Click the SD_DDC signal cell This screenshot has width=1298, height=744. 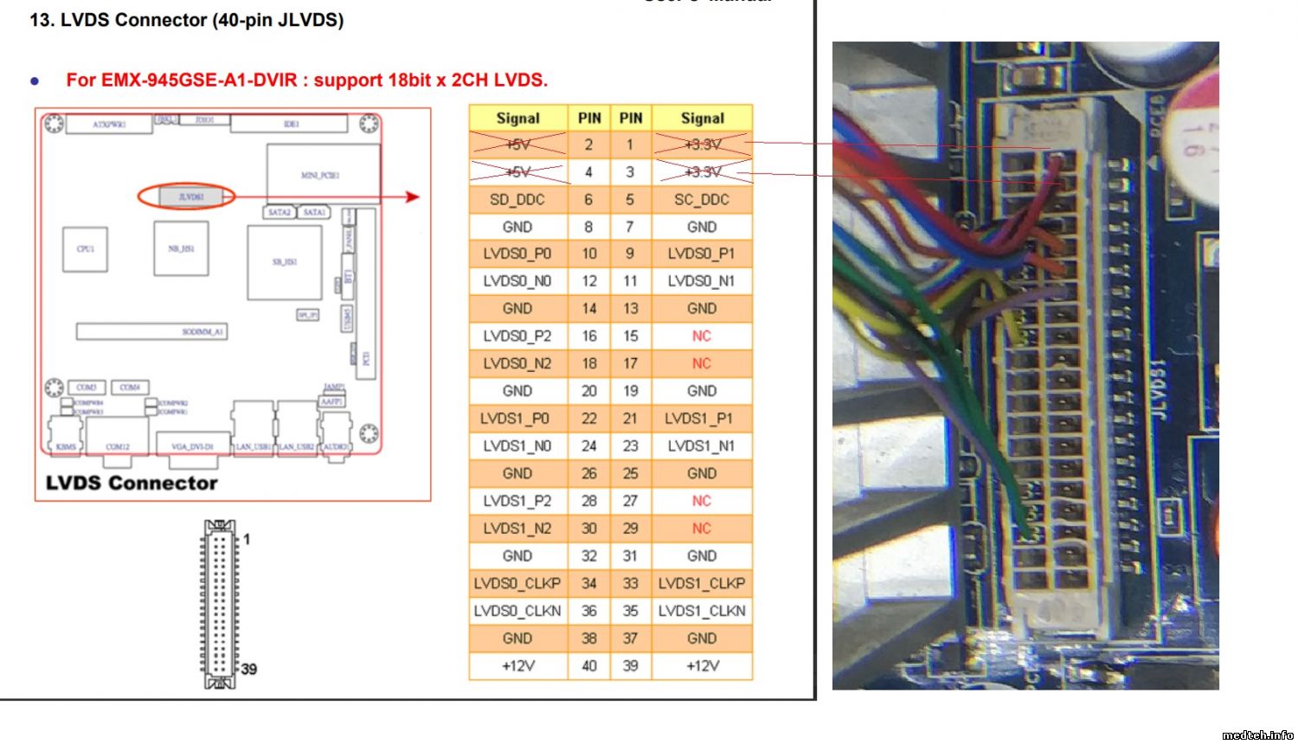(x=517, y=200)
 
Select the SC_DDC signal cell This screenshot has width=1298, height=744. (x=702, y=200)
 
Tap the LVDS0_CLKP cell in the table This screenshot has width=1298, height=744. (x=517, y=584)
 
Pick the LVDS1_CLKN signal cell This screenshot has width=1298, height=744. (x=702, y=611)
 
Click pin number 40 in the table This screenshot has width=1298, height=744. (x=589, y=666)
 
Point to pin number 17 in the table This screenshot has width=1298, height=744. (x=631, y=363)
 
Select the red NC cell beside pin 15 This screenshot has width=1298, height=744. (x=702, y=336)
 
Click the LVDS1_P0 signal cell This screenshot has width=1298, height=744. (x=517, y=419)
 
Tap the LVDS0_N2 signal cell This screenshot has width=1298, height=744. (x=517, y=363)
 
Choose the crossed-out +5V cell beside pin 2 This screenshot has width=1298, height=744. (x=517, y=144)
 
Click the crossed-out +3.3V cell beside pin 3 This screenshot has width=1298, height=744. (x=702, y=172)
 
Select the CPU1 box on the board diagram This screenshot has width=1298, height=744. (x=85, y=249)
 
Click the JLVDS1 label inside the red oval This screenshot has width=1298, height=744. (x=190, y=197)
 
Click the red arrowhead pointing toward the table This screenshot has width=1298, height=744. (x=413, y=197)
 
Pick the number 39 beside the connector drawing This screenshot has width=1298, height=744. (x=249, y=669)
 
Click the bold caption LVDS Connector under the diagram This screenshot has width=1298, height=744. (x=132, y=484)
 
